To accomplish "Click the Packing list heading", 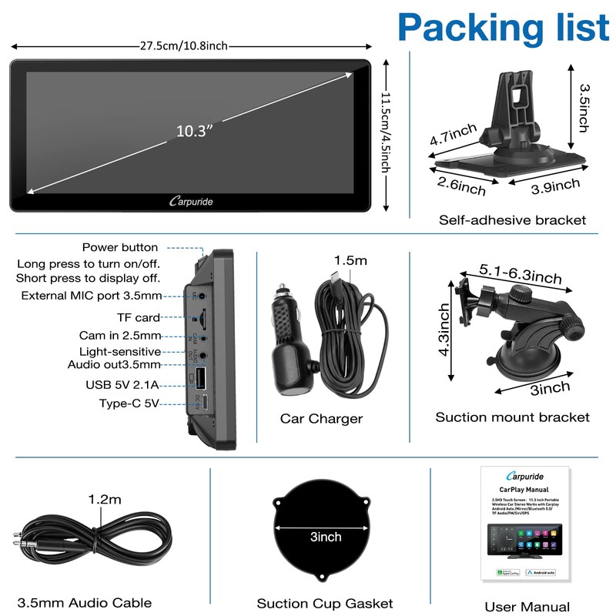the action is click(x=504, y=27).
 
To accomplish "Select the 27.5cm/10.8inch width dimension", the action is click(x=184, y=46).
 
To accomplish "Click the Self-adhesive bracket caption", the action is click(x=512, y=220).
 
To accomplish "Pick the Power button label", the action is click(x=120, y=248).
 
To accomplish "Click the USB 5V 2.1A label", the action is click(x=123, y=383).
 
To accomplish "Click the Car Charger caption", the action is click(x=321, y=419).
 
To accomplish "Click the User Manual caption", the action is click(x=527, y=607).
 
